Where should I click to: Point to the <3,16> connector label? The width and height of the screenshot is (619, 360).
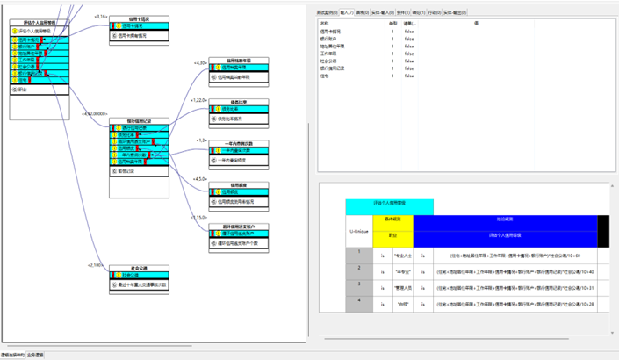pyautogui.click(x=101, y=17)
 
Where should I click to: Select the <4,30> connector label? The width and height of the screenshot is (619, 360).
pyautogui.click(x=200, y=63)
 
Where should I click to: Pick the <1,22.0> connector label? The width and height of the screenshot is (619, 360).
pyautogui.click(x=200, y=101)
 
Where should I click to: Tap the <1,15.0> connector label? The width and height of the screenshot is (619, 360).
pyautogui.click(x=200, y=217)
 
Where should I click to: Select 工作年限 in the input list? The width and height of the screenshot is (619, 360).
pyautogui.click(x=330, y=52)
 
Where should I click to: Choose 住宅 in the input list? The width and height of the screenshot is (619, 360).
pyautogui.click(x=325, y=75)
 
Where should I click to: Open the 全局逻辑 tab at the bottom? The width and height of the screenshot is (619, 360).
pyautogui.click(x=36, y=356)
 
